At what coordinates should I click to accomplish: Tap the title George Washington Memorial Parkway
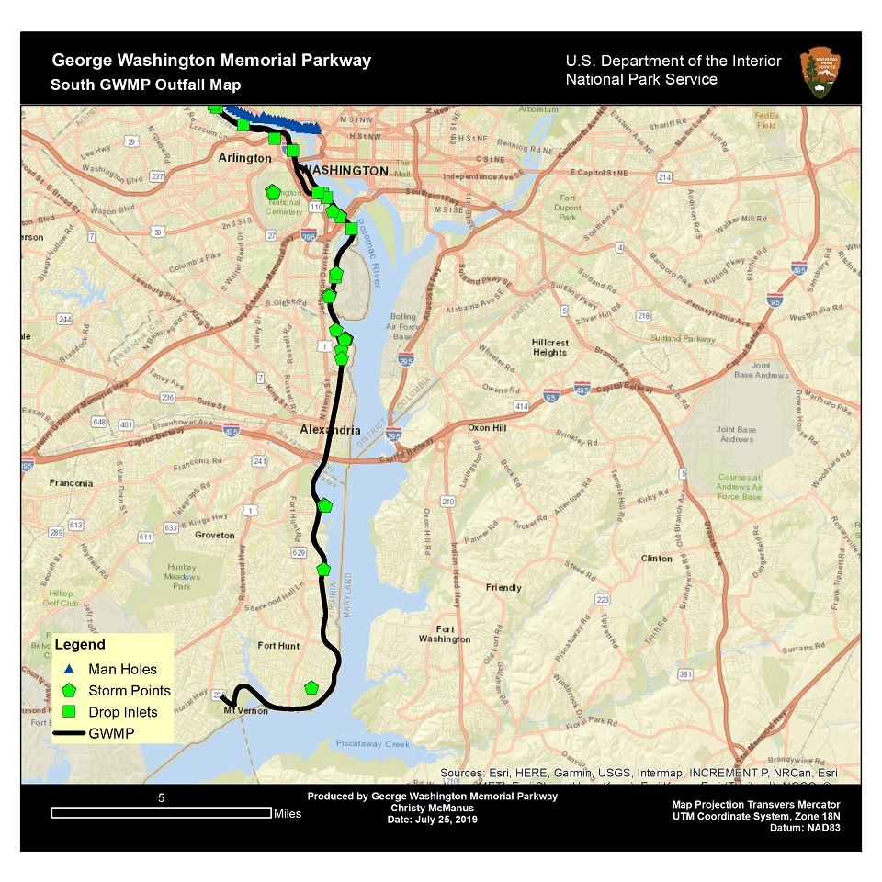[x=211, y=61]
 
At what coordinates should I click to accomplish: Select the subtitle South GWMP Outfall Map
[x=146, y=85]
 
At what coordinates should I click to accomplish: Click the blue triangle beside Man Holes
[x=71, y=669]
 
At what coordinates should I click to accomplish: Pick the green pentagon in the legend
[x=71, y=690]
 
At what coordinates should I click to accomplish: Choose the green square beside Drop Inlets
[x=71, y=711]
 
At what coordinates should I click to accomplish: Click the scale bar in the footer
[x=161, y=812]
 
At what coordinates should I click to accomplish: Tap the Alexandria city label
[x=331, y=430]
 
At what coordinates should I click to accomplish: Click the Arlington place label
[x=244, y=158]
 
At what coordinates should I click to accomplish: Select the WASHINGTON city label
[x=346, y=171]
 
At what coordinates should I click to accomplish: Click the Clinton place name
[x=657, y=558]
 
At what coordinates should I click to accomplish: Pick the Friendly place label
[x=503, y=587]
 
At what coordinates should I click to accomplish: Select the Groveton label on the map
[x=215, y=535]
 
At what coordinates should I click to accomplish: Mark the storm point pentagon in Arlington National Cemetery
[x=273, y=192]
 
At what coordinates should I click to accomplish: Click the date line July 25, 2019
[x=433, y=819]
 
